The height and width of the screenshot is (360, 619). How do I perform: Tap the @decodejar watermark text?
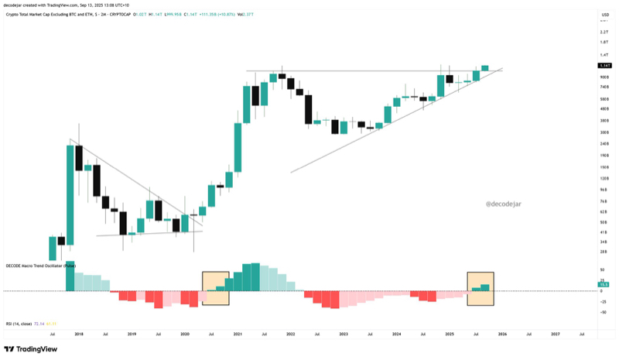pos(507,204)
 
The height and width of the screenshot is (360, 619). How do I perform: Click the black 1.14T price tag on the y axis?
pos(604,67)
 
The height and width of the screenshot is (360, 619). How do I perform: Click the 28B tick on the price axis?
pos(603,252)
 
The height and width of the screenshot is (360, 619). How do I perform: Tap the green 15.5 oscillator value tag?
pos(604,284)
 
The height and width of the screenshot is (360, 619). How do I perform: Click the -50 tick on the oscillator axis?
pos(602,312)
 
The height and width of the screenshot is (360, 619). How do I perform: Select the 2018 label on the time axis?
pos(79,334)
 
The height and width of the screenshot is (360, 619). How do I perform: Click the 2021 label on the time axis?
pos(238,334)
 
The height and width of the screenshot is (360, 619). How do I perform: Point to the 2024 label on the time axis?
pos(396,334)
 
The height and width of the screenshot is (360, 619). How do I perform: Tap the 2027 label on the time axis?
pos(555,334)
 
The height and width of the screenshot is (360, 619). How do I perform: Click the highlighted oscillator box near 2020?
pos(216,288)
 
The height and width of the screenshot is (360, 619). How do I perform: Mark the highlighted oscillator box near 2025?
pos(480,288)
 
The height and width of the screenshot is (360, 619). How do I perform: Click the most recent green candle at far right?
pos(485,67)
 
